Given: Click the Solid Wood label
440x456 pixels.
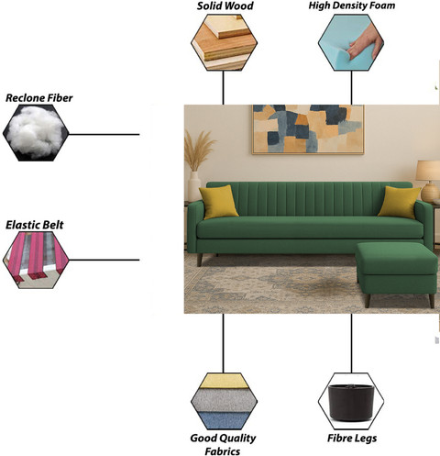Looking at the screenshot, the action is tap(225, 6).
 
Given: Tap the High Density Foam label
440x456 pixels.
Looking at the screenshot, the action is tap(352, 6).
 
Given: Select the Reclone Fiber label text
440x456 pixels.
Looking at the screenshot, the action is tap(39, 98).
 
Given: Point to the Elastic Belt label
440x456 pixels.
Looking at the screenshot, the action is tap(35, 225).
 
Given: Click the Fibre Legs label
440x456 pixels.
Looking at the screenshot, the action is tap(352, 439).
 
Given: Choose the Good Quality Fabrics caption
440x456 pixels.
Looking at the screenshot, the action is tap(223, 444).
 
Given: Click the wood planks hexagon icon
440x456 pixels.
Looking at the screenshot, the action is tap(224, 42).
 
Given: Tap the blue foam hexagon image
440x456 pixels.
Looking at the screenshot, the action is tap(351, 42).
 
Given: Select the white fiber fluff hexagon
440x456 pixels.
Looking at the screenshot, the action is tap(36, 133).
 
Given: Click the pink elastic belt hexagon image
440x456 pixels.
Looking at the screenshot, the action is tap(36, 260).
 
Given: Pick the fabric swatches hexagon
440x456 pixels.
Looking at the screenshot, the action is tap(224, 401).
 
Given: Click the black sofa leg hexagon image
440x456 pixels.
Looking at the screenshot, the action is tap(351, 401).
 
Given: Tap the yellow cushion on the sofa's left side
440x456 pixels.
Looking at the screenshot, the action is tap(218, 202).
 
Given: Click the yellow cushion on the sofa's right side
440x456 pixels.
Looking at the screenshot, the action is tap(399, 202).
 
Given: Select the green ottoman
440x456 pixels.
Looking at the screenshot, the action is tap(397, 272).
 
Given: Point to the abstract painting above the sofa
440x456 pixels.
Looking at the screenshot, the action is tap(308, 129).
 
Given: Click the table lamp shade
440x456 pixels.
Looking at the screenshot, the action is tap(428, 171).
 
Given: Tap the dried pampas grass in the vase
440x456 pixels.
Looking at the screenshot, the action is tap(198, 150).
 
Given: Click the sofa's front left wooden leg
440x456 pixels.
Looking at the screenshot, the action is tap(200, 260).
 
